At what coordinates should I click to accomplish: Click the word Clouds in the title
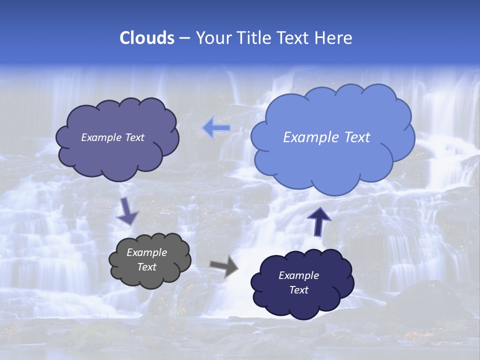pyautogui.click(x=146, y=38)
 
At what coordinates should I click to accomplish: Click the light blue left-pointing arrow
pyautogui.click(x=216, y=128)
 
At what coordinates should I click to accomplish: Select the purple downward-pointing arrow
pyautogui.click(x=127, y=210)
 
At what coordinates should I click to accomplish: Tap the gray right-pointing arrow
pyautogui.click(x=224, y=265)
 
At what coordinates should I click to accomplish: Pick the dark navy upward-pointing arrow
pyautogui.click(x=318, y=221)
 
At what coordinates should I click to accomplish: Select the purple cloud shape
pyautogui.click(x=117, y=155)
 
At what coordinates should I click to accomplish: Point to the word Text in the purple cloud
pyautogui.click(x=134, y=137)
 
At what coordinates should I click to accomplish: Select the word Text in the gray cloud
pyautogui.click(x=146, y=267)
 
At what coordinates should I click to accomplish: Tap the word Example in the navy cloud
pyautogui.click(x=298, y=275)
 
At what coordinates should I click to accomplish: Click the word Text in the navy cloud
pyautogui.click(x=298, y=290)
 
